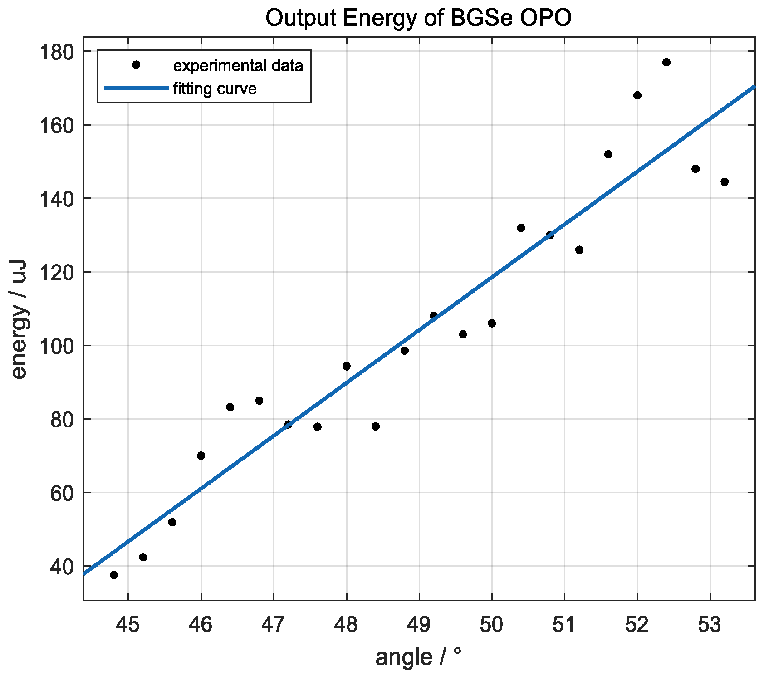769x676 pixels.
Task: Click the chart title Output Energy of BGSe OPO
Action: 418,19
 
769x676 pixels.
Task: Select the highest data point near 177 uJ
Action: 666,62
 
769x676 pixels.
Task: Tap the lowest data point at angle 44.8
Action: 114,575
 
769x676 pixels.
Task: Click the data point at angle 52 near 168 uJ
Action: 637,95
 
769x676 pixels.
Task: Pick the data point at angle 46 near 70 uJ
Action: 201,456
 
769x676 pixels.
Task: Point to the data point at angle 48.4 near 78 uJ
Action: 375,426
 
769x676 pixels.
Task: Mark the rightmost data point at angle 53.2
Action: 724,182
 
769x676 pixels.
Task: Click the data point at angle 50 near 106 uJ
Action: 492,323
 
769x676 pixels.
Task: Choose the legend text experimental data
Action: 238,66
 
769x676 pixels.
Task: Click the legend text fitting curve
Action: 215,88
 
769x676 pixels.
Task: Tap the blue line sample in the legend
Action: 136,88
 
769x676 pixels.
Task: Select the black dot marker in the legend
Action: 136,65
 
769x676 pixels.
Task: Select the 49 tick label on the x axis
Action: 419,625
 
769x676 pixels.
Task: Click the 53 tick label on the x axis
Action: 710,625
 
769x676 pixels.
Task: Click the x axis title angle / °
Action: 418,657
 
